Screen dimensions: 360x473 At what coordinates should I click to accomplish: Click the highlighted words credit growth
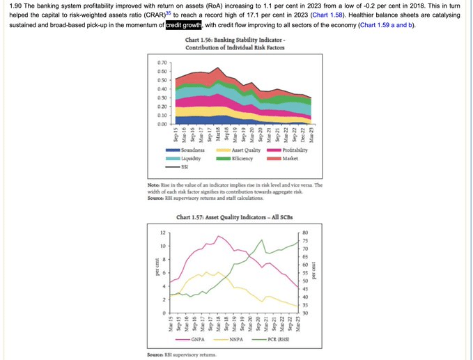183,25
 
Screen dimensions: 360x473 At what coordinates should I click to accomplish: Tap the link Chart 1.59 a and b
386,25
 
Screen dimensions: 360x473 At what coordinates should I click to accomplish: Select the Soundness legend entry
197,150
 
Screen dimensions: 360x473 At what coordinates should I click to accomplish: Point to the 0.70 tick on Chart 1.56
163,63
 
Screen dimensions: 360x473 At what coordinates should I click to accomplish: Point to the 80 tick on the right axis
305,233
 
